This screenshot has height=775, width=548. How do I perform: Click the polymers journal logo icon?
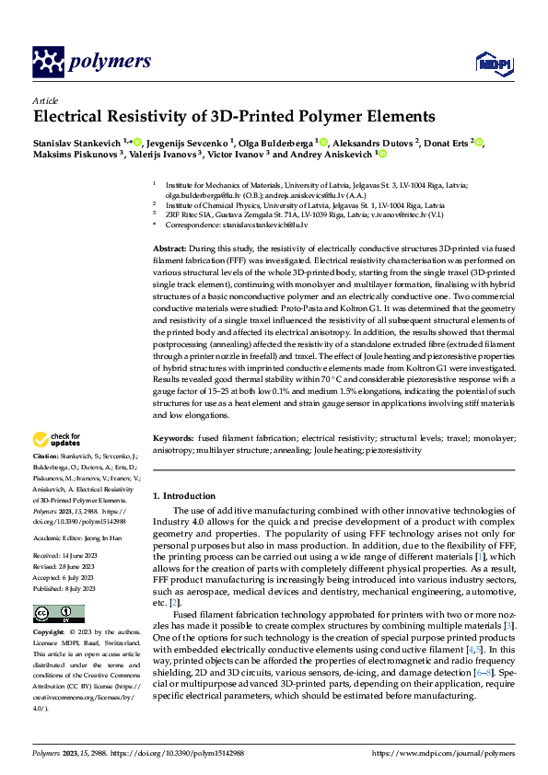[x=48, y=62]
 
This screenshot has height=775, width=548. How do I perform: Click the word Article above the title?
[x=45, y=100]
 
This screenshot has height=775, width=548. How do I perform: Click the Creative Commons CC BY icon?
[x=52, y=614]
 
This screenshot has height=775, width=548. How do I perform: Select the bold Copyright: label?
[x=51, y=633]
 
